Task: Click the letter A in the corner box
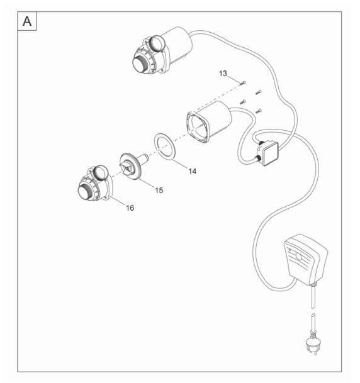pos(27,21)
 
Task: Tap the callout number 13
pos(223,74)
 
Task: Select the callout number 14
pos(193,171)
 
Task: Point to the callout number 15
pos(159,191)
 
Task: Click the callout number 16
pos(130,208)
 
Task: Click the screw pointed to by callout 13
pos(243,83)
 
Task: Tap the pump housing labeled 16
pos(95,183)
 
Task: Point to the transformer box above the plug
pos(305,259)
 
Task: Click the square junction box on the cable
pos(269,154)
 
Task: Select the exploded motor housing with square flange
pos(208,122)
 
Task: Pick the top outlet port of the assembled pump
pos(157,43)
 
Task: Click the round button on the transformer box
pos(299,256)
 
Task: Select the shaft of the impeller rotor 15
pos(143,158)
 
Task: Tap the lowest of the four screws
pos(259,111)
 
